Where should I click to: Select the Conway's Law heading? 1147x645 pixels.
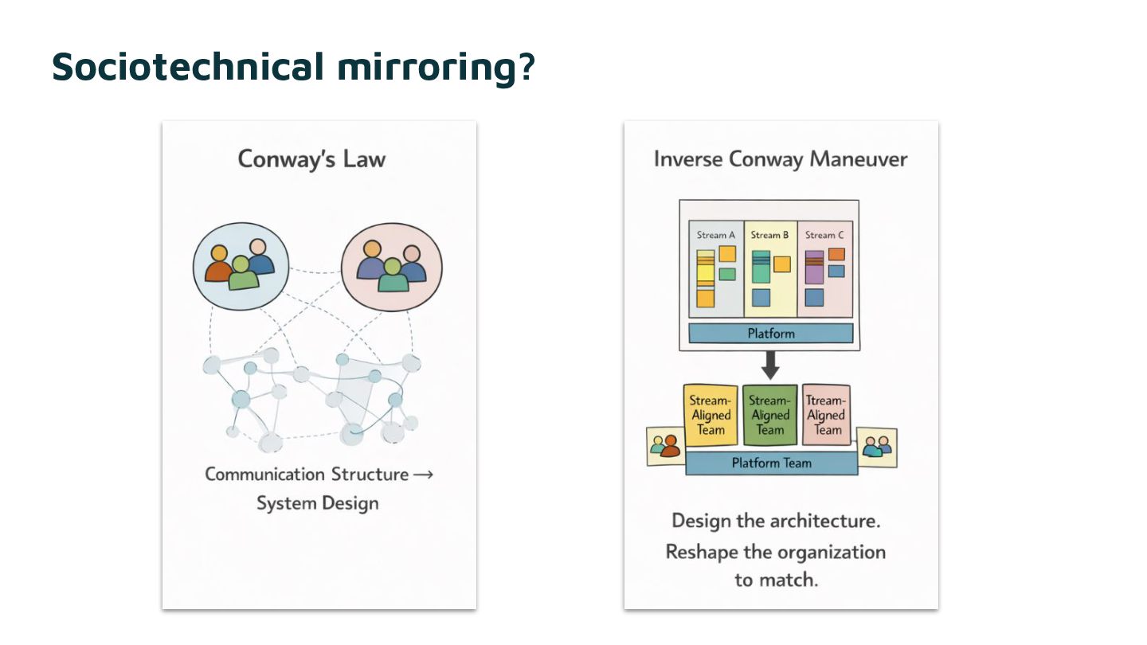[311, 159]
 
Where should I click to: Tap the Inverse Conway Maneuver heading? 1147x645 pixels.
[781, 159]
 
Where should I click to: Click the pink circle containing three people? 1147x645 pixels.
[391, 266]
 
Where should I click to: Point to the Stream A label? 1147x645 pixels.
[716, 235]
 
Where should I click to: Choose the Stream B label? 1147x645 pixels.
[770, 235]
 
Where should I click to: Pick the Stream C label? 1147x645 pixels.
[824, 235]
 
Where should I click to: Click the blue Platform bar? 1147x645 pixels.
[770, 333]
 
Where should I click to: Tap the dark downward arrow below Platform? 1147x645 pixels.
[770, 365]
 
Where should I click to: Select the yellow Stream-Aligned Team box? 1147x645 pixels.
[711, 415]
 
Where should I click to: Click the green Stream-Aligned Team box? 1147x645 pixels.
[769, 415]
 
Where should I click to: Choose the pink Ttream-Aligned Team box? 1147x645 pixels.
[828, 415]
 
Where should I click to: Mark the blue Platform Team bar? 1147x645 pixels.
[771, 463]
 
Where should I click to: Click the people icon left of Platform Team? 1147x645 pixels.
[665, 446]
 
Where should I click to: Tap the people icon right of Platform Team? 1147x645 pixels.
[877, 447]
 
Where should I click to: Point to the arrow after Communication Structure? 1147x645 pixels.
[424, 475]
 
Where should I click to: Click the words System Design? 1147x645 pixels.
[318, 503]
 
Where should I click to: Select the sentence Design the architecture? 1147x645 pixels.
[774, 521]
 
